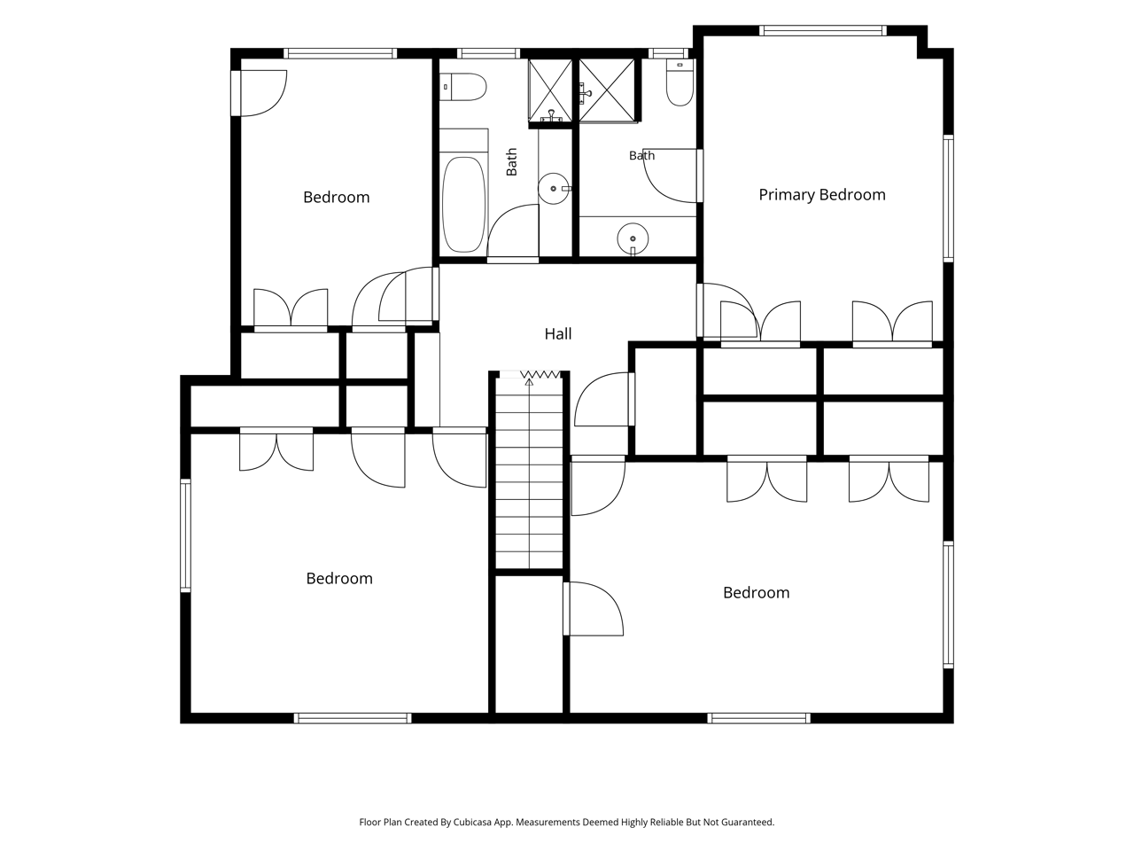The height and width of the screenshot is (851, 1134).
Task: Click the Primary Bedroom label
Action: point(822,195)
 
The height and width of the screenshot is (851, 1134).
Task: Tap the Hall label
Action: point(558,334)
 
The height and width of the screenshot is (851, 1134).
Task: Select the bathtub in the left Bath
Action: point(464,204)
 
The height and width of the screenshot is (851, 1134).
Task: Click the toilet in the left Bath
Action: point(463,87)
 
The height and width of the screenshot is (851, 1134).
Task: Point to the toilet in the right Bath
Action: point(680,82)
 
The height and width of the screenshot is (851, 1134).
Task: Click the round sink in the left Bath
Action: point(554,189)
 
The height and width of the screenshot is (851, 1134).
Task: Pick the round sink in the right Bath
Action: point(633,239)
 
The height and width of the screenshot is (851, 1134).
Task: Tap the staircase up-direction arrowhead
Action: point(529,382)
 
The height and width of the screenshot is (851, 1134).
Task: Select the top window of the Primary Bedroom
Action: point(822,30)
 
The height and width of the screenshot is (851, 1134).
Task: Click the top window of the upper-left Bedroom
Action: point(340,53)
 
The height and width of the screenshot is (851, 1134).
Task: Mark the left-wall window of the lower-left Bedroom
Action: point(185,535)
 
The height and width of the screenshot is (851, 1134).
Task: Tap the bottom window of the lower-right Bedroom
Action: point(759,718)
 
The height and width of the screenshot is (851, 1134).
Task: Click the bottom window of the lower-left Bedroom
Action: point(353,718)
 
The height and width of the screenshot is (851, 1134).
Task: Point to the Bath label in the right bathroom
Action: point(641,155)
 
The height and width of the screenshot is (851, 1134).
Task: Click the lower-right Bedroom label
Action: point(757,593)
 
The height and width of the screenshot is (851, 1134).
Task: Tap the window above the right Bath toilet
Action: point(669,53)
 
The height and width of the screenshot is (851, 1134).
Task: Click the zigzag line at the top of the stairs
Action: point(540,374)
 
